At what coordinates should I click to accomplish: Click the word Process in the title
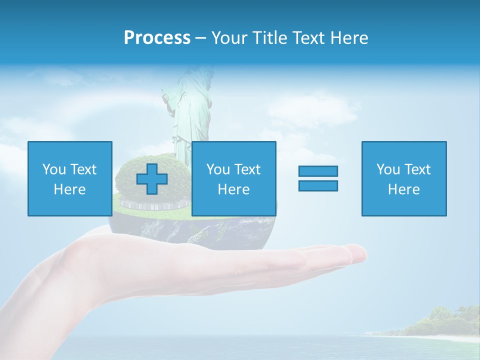(x=157, y=38)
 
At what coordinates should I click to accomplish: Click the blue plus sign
(x=152, y=179)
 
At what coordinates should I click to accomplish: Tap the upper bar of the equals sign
(x=318, y=171)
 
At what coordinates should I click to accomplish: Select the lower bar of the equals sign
(x=318, y=185)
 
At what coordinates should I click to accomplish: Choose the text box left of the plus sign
(x=69, y=178)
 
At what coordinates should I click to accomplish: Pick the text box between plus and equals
(x=233, y=178)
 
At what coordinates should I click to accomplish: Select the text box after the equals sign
(x=403, y=178)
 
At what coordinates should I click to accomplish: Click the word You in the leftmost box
(x=54, y=169)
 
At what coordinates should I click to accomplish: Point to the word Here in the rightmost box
(x=403, y=189)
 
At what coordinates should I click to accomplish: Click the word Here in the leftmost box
(x=69, y=189)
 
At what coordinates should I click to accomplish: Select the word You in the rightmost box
(x=388, y=169)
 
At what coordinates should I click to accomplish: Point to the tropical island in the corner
(x=440, y=322)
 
